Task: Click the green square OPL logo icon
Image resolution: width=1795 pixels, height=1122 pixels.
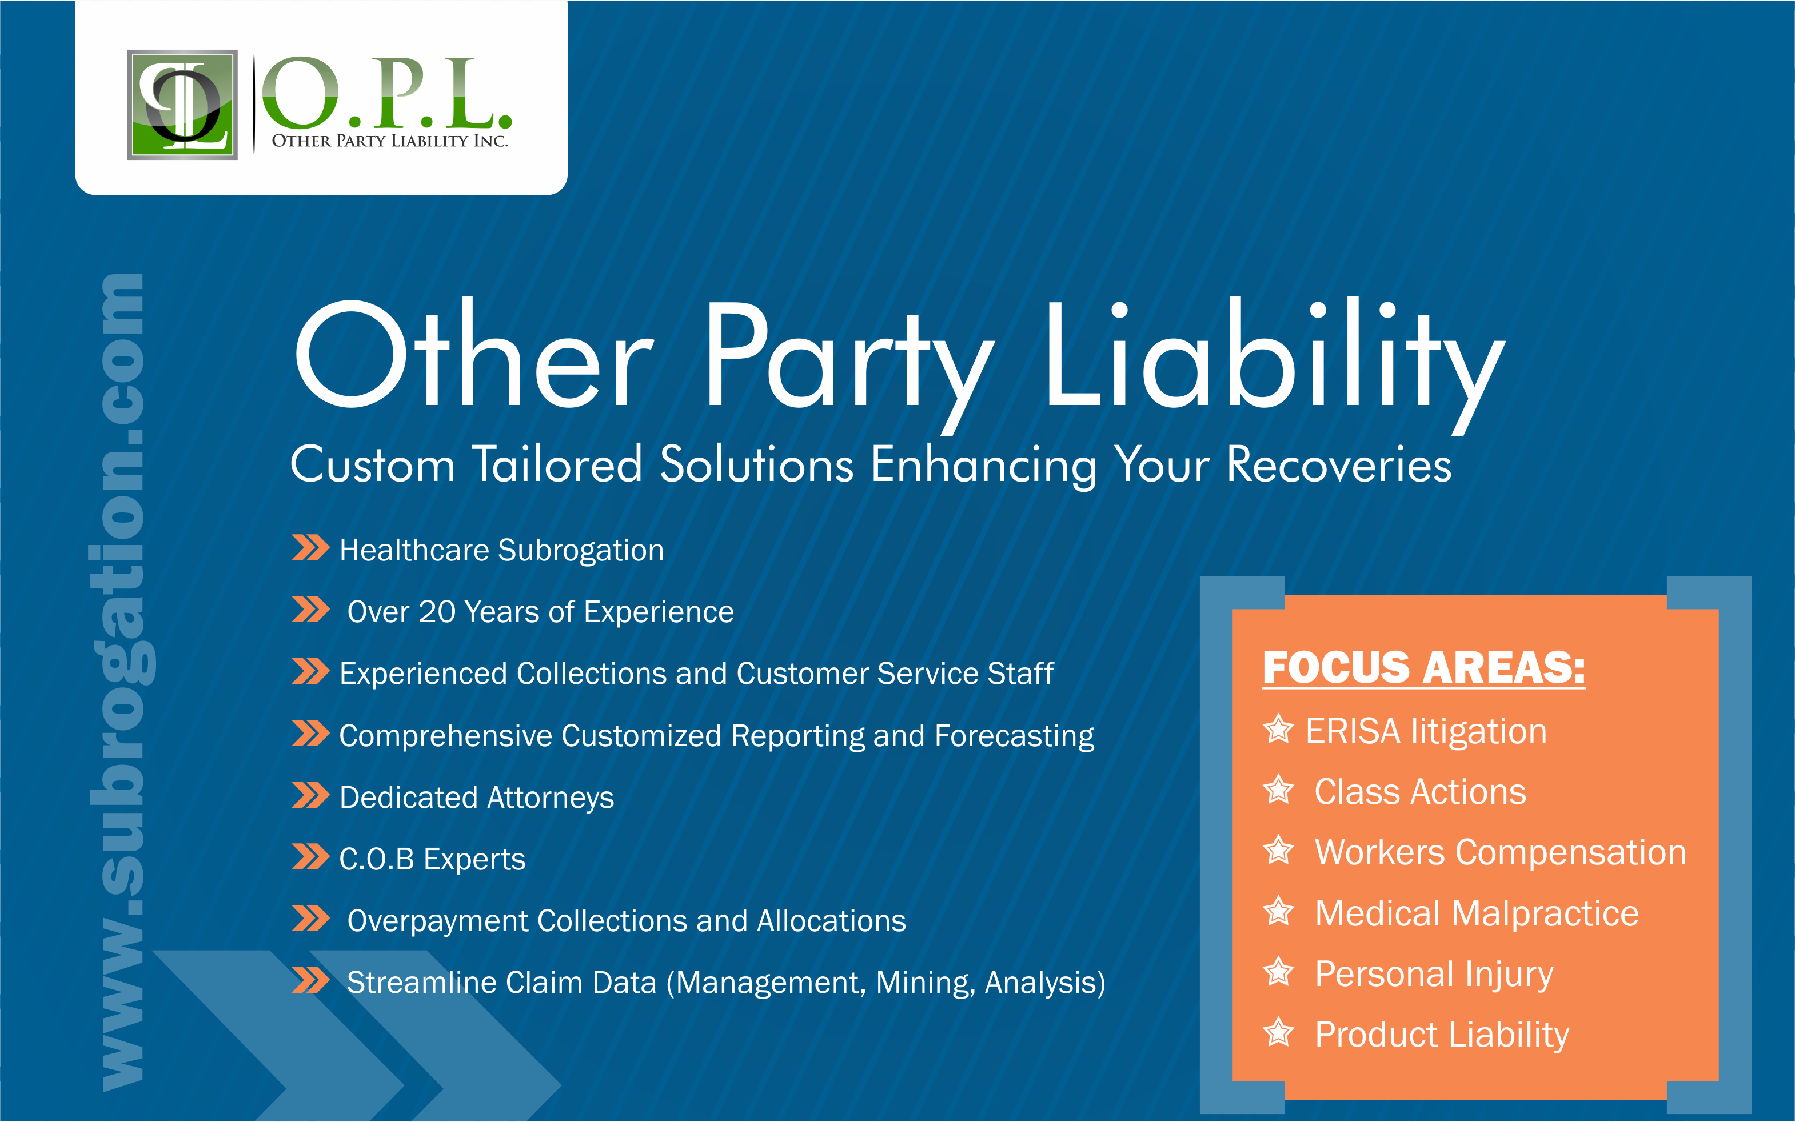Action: click(182, 105)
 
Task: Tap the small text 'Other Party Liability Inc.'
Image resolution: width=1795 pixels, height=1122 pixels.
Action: click(390, 141)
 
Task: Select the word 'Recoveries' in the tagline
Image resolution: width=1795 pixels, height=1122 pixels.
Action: click(1338, 465)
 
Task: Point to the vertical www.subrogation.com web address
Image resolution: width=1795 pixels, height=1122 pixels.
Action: click(122, 683)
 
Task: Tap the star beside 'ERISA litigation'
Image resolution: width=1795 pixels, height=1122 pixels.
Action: click(1278, 730)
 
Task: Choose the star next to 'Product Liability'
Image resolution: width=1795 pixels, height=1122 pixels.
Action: click(1278, 1033)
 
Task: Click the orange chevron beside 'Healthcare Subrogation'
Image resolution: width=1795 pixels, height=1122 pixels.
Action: click(310, 548)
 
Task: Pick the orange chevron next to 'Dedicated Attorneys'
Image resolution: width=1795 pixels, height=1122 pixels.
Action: click(310, 795)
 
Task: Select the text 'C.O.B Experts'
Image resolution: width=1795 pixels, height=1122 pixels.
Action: click(432, 859)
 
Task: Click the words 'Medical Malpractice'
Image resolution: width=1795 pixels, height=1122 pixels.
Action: click(1477, 913)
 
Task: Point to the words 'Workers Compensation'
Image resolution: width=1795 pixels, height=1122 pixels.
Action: click(1500, 852)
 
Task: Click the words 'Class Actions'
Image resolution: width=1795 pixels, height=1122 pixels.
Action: click(1420, 792)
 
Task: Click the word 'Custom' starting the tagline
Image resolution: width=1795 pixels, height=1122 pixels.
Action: click(372, 465)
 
